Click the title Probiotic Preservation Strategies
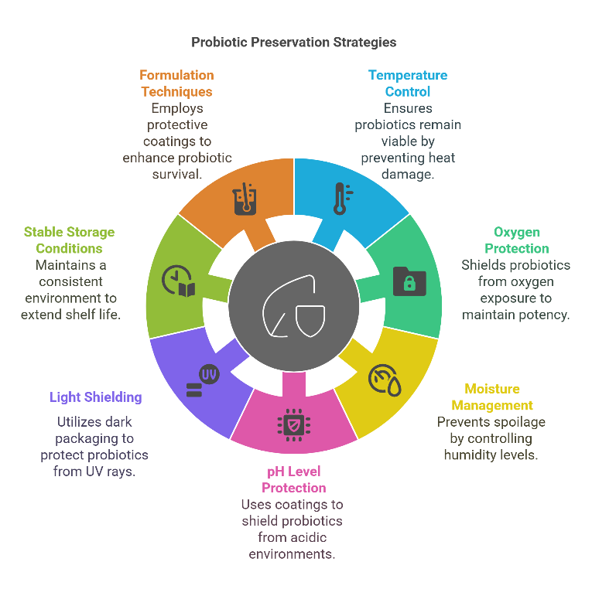(x=293, y=42)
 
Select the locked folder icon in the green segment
(x=409, y=281)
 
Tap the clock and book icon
(x=179, y=281)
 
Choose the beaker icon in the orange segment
(x=245, y=199)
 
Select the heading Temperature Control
(x=408, y=83)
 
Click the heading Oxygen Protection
(x=517, y=240)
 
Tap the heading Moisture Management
(x=492, y=397)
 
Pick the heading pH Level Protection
(x=293, y=479)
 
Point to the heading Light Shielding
(x=96, y=397)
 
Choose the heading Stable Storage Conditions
(x=69, y=240)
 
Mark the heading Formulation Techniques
(x=176, y=83)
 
